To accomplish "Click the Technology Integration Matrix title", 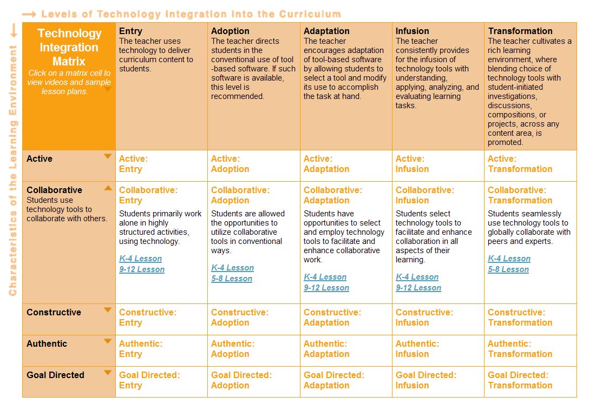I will [x=69, y=47].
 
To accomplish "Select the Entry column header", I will [x=130, y=31].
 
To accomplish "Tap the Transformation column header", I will [x=520, y=31].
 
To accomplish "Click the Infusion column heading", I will [x=412, y=31].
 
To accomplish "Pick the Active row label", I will [x=40, y=158].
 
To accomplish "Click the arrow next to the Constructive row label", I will [x=108, y=310].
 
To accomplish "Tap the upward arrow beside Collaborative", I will [x=108, y=188].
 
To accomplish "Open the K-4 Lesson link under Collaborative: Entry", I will [x=141, y=259].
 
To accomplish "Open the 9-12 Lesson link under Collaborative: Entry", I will [x=142, y=269].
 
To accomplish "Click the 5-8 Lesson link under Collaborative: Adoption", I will [x=232, y=279].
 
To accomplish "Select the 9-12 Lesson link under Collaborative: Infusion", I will [x=418, y=288].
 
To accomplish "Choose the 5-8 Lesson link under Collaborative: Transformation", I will [x=508, y=269].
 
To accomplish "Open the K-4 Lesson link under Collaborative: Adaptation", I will [x=325, y=277].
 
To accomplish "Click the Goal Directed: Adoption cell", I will [x=241, y=380].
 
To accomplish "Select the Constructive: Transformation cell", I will [x=520, y=318].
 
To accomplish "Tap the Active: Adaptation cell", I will [x=326, y=164].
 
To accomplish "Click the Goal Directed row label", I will [x=55, y=375].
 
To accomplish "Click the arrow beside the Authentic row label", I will [x=108, y=342].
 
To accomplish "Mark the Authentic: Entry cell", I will [x=140, y=349].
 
